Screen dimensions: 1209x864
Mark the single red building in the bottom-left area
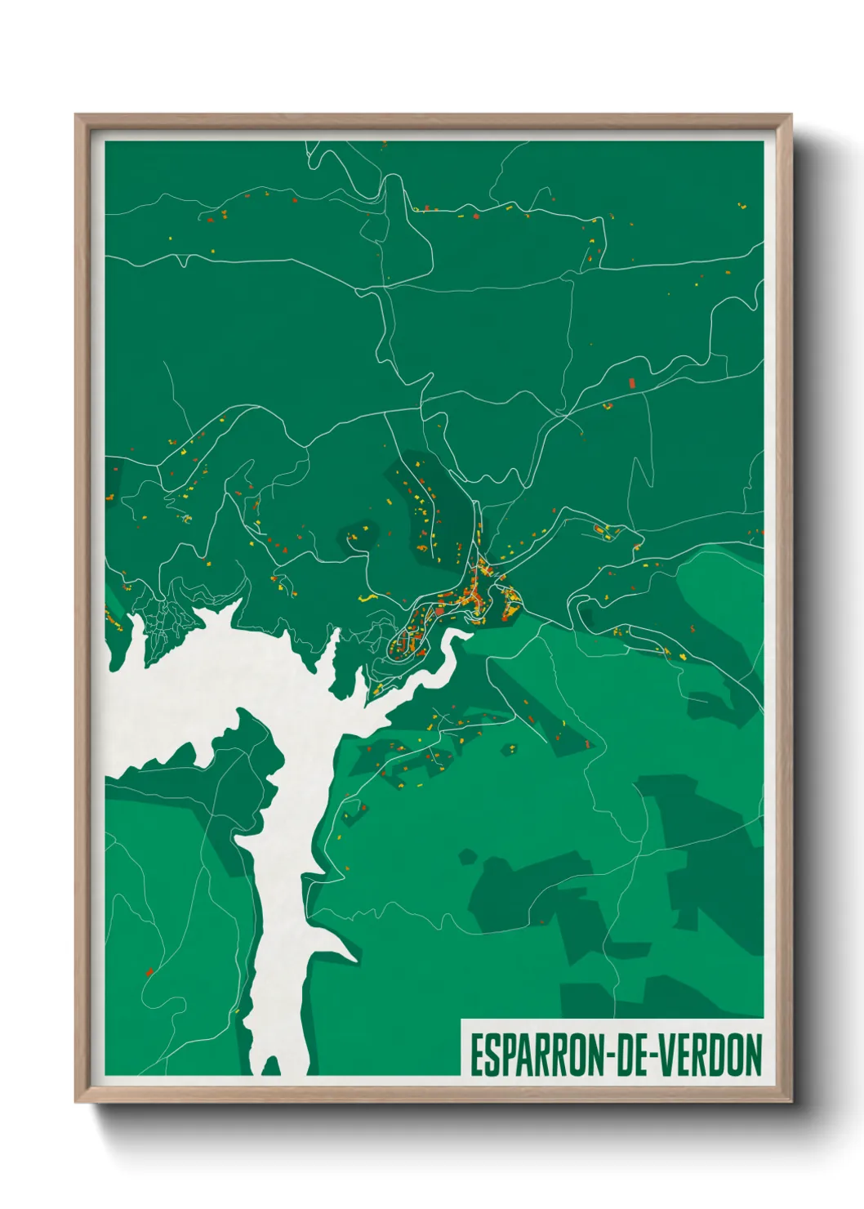tap(149, 971)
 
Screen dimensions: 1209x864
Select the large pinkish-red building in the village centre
tap(438, 609)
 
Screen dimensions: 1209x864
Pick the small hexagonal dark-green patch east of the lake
tap(467, 856)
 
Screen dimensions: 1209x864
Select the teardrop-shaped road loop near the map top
tap(403, 233)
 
